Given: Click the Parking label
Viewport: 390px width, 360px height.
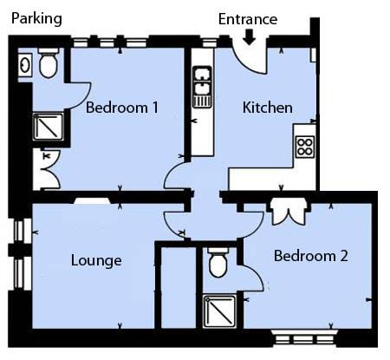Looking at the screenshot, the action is pos(36,19).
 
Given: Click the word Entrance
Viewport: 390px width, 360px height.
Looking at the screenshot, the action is pos(248,19).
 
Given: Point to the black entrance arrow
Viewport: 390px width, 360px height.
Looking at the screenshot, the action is pos(249,37).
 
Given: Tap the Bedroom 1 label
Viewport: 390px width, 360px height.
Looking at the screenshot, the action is pos(122,108).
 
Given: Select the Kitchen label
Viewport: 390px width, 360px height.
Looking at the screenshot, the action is pos(268,108).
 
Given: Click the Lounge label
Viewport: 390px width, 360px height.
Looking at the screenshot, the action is pos(96,261).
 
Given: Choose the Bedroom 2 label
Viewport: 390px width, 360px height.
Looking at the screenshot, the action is pos(311,256).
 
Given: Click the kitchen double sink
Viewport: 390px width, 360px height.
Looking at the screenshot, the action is pos(202,87).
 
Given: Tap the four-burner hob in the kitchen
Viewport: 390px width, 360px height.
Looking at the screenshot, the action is pos(305,147).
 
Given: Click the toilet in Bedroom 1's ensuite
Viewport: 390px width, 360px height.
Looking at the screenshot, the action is pos(49,63).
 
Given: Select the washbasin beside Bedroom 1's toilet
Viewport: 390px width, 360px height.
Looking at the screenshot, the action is pos(25,65).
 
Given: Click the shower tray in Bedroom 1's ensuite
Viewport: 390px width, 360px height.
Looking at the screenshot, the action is pos(49,127).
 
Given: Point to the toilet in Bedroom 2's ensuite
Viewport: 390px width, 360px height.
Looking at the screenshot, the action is pos(218,263).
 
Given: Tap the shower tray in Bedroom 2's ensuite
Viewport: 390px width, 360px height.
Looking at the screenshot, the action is pos(219,311).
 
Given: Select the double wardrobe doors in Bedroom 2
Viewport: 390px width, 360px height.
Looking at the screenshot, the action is pos(289,213).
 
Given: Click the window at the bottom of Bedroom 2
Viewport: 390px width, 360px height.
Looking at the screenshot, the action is pos(304,337).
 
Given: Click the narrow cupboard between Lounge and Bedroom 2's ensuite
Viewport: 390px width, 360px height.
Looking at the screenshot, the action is pos(179,288).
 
